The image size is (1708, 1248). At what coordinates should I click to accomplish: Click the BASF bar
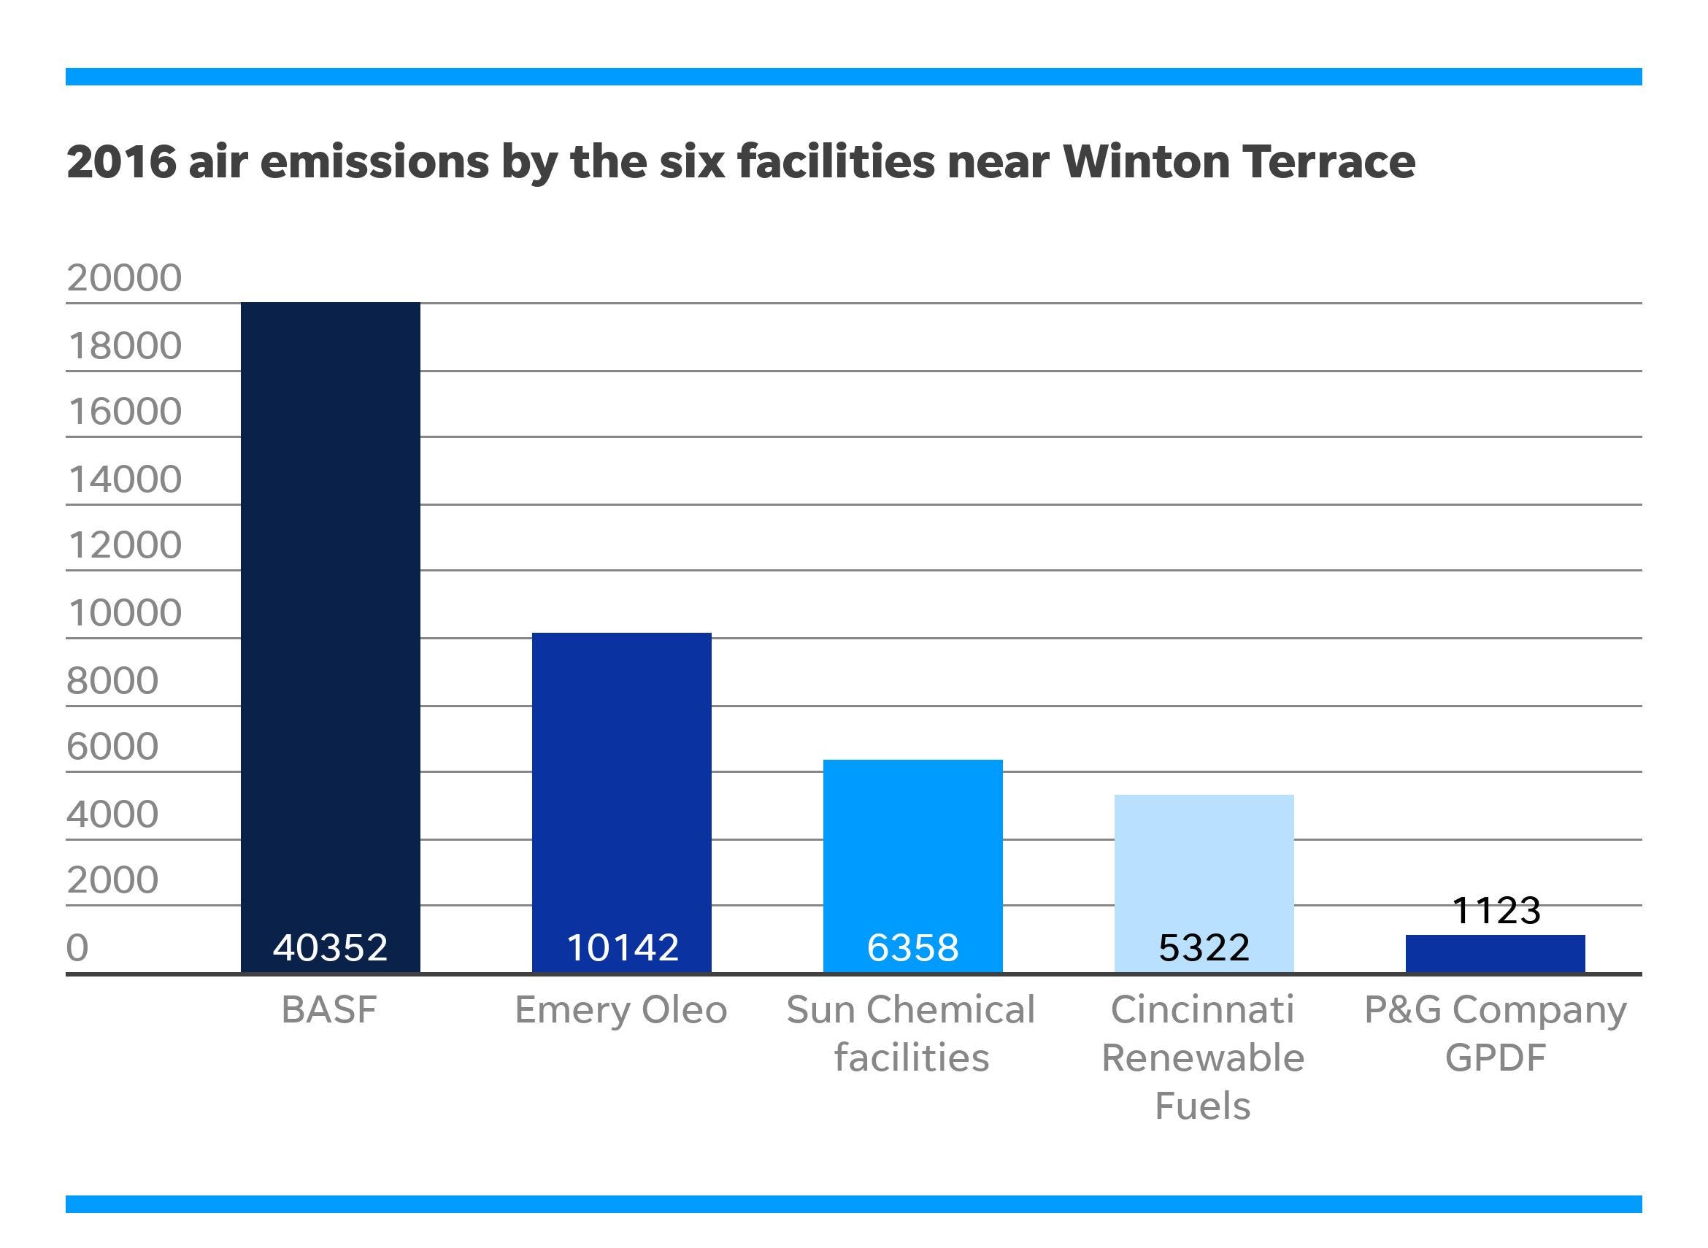(330, 604)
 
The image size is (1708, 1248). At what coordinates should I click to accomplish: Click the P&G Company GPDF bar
(1495, 953)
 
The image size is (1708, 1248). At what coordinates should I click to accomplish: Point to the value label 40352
(330, 947)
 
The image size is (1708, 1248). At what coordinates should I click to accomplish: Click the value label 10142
(622, 947)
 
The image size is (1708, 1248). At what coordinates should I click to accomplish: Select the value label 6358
(912, 947)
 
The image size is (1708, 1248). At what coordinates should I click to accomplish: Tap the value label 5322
(1204, 947)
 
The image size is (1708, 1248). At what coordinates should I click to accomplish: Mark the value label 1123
(1496, 910)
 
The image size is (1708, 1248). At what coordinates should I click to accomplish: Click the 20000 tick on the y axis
(125, 278)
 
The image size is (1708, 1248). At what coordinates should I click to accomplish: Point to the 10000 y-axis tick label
(125, 612)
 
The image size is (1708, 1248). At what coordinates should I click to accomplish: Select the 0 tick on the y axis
(77, 947)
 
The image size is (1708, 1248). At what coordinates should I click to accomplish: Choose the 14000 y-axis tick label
(125, 479)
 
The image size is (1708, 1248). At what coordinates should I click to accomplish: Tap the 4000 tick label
(112, 814)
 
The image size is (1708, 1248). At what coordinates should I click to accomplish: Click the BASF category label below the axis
(328, 1010)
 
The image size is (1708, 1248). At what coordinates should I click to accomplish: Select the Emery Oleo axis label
(621, 1010)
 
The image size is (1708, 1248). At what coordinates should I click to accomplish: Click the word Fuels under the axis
(1203, 1106)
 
